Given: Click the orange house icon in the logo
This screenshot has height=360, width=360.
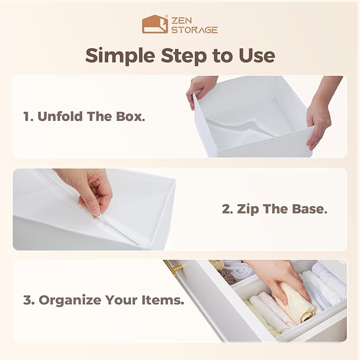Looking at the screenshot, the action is (155, 24).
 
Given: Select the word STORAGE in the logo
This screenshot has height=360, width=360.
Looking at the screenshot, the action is (195, 30).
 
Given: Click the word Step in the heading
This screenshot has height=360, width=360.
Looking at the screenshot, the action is (184, 56).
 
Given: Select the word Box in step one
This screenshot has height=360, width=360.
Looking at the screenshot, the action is (130, 117).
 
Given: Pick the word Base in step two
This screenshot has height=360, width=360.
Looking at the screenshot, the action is (309, 209).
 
